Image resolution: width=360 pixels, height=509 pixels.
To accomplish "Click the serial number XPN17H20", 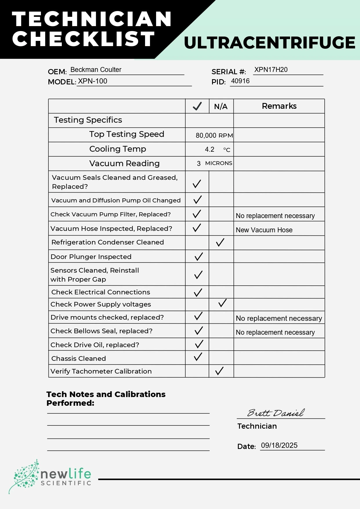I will point(271,70).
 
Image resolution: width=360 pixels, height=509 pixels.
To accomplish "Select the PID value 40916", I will point(240,81).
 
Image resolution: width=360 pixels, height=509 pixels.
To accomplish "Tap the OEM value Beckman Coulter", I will point(96,70).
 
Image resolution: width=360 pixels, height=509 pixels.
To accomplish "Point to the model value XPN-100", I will point(93,81).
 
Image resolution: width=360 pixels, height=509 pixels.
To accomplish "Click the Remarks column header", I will point(279,106).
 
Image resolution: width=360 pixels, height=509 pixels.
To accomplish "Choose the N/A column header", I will point(221,106).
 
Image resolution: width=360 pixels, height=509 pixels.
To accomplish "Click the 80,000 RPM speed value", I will point(214,135).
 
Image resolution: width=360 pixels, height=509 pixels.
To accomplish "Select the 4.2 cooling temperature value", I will point(209,149).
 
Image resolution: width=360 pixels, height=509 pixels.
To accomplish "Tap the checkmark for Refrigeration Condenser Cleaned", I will point(220,242).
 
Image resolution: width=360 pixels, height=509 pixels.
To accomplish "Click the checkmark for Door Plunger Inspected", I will point(198,256).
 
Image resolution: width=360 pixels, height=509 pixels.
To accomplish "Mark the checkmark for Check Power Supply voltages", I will point(222,303).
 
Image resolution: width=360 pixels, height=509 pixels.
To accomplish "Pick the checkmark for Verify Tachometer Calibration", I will point(219,371).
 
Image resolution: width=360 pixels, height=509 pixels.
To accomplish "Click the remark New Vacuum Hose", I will point(264,230).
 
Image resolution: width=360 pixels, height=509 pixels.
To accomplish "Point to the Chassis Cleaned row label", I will point(79,358).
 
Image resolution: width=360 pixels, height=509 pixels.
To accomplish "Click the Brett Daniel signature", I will point(276,412).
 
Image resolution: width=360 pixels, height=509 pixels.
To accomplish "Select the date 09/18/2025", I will point(279,445).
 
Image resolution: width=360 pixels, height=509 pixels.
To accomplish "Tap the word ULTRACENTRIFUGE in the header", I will point(269,43).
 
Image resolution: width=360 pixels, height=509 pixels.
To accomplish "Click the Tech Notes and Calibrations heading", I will point(106,398).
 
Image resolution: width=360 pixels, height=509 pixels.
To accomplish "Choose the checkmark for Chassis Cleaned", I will point(198,357).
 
